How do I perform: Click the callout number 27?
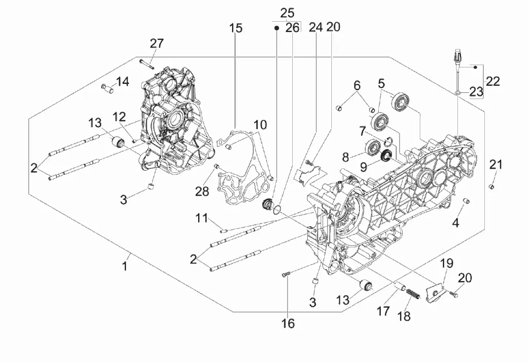click(x=157, y=43)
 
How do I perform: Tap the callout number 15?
click(x=236, y=28)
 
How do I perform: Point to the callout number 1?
click(x=125, y=266)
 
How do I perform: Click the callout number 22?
click(x=493, y=81)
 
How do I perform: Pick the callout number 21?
click(x=496, y=165)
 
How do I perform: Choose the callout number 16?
click(x=288, y=323)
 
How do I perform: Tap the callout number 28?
click(x=202, y=191)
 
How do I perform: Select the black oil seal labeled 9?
click(x=386, y=156)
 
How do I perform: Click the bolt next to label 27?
click(x=146, y=64)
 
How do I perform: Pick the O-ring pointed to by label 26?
click(x=277, y=210)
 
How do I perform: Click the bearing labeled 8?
click(x=373, y=146)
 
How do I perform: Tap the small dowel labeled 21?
click(x=492, y=186)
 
